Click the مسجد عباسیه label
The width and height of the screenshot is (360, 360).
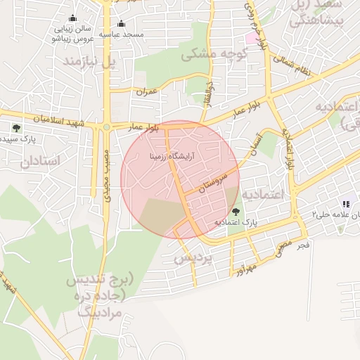[x=121, y=34]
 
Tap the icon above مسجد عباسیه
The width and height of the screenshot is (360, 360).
[x=121, y=22]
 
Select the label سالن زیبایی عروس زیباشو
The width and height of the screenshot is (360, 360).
[x=72, y=34]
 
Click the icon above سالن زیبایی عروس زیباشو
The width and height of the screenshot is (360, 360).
[x=72, y=19]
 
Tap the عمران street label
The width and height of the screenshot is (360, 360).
[x=147, y=91]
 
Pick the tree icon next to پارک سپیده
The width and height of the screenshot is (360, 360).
[x=16, y=128]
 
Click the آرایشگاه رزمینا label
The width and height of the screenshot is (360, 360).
[x=172, y=154]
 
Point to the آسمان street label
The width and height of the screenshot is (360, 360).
[x=254, y=145]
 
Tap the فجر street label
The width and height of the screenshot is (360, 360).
[x=303, y=245]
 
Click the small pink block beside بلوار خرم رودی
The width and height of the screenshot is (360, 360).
[x=251, y=37]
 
